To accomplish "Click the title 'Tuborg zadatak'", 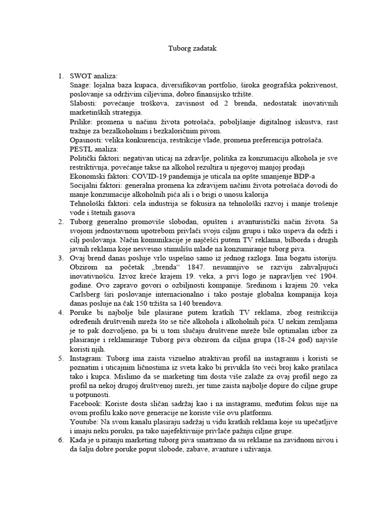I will pyautogui.click(x=192, y=49).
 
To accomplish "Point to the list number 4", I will pyautogui.click(x=61, y=313).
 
